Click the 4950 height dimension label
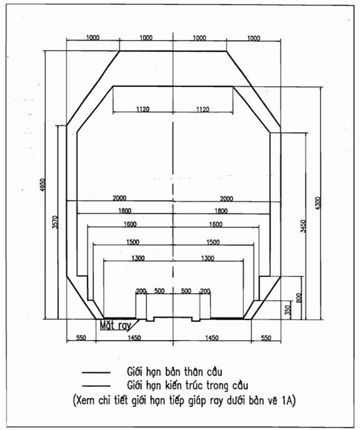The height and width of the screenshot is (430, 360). [42, 185]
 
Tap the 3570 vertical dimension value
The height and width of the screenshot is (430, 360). [56, 222]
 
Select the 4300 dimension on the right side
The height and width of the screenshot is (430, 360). [317, 203]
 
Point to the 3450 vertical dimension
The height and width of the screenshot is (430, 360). [303, 226]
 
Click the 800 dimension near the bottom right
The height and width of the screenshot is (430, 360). [299, 298]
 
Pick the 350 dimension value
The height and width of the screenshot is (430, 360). [287, 310]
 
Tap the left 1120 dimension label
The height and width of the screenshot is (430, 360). [143, 109]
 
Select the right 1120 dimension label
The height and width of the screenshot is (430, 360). [202, 109]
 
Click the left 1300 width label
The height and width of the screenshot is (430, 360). [138, 258]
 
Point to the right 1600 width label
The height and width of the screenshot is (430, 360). [216, 224]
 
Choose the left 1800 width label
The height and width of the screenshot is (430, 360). [125, 211]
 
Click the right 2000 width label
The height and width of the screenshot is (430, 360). [226, 198]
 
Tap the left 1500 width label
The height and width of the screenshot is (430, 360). [132, 242]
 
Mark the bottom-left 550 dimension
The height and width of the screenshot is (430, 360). [81, 337]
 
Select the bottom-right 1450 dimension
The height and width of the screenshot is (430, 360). [212, 337]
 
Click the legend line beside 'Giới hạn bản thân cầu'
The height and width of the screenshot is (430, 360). [96, 372]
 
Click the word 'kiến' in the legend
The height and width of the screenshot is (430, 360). [174, 385]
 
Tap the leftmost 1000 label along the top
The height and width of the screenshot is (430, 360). [93, 37]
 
